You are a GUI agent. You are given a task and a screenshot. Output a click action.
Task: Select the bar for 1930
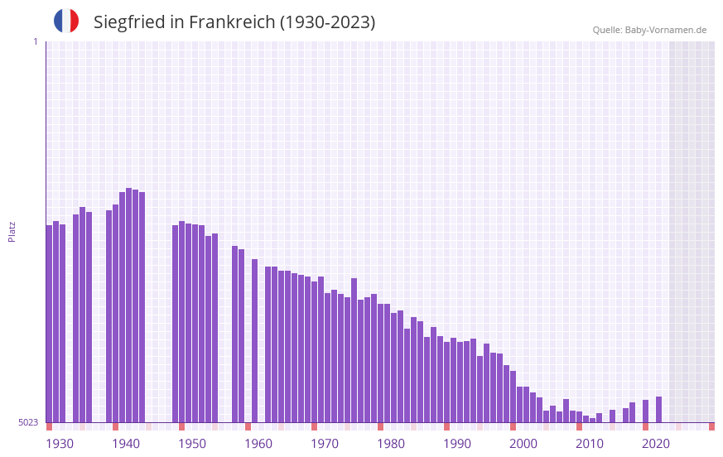point(49,323)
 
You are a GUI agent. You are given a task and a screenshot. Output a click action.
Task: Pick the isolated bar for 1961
point(254,340)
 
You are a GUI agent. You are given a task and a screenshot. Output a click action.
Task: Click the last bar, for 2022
point(658,409)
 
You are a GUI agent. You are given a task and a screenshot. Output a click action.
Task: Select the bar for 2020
point(645,411)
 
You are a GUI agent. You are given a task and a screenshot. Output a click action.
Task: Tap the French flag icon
point(66,22)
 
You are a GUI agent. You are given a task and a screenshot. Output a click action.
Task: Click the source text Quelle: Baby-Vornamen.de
point(649,30)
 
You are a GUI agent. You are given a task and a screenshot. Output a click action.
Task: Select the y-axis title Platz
point(12,231)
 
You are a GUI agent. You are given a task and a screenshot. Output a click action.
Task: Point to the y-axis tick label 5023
point(28,422)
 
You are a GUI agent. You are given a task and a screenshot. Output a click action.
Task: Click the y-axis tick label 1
point(35,41)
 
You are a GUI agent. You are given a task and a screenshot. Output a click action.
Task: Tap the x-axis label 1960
point(258,444)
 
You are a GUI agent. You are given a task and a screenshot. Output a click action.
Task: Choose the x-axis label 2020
point(656,444)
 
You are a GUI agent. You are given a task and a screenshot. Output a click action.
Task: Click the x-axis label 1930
point(60,444)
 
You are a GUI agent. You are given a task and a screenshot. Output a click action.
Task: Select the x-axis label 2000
point(523,444)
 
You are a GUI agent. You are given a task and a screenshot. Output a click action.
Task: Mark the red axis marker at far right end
point(711,426)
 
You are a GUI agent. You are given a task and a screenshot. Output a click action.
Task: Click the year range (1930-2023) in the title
point(327,22)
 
